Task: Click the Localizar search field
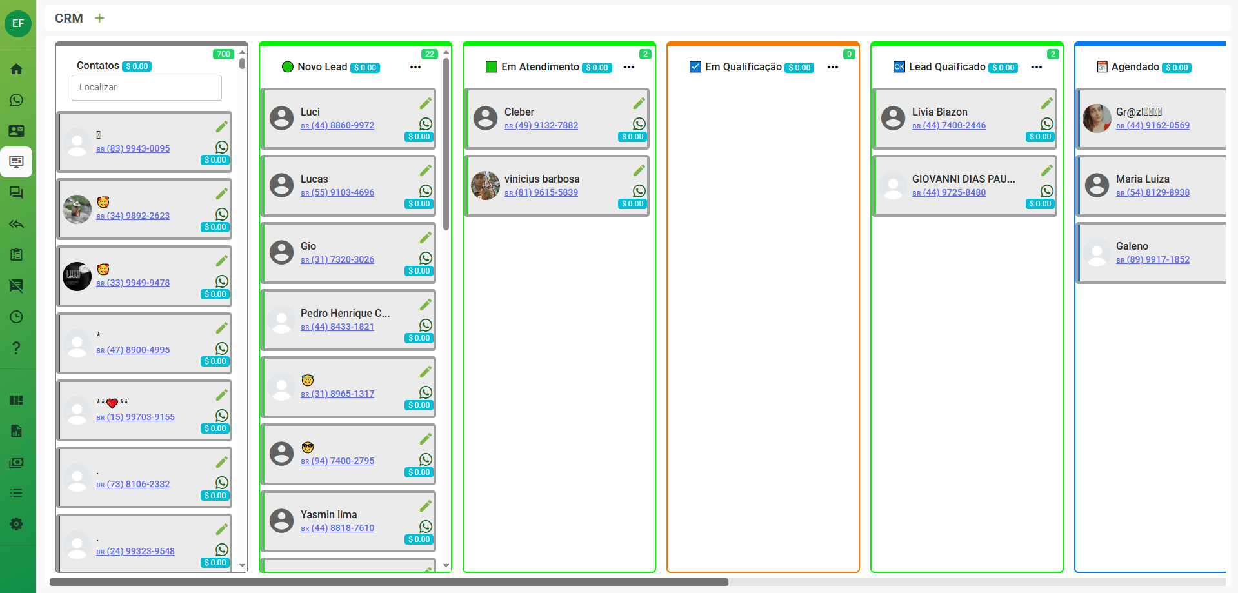coord(146,87)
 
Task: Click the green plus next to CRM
coord(99,18)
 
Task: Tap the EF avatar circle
coord(18,24)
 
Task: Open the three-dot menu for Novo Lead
coord(415,67)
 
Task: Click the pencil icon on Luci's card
coord(426,103)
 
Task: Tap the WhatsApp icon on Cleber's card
coord(639,124)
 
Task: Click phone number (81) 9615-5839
coord(546,192)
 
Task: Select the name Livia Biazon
coord(939,112)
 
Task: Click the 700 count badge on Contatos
coord(223,54)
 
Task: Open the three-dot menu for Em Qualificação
coord(832,67)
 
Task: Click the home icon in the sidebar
coord(17,69)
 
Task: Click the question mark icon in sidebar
coord(17,348)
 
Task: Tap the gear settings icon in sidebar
coord(17,524)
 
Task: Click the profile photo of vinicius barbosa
coord(485,186)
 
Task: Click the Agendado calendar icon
coord(1102,67)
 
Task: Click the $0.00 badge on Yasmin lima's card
coord(419,539)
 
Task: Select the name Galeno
coord(1132,246)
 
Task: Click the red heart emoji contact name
coord(112,403)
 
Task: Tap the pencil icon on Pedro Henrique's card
coord(426,305)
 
